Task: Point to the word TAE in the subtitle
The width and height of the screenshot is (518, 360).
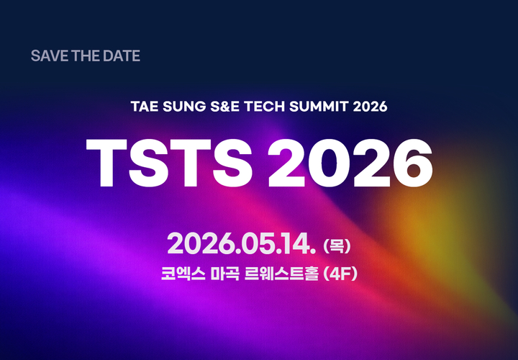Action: (142, 107)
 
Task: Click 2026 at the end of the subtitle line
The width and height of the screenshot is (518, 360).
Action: (371, 107)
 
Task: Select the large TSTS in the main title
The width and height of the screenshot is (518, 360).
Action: (169, 160)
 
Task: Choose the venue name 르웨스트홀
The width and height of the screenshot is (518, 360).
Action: (287, 274)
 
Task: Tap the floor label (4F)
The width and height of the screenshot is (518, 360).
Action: (341, 274)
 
